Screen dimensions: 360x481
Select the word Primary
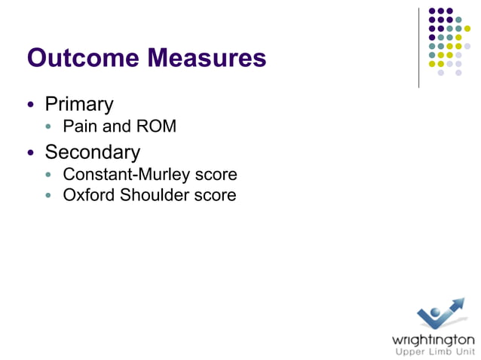79,105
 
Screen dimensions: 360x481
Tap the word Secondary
92,152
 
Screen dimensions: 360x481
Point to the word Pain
78,127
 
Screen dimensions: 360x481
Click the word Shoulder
155,196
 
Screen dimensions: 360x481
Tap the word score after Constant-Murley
214,175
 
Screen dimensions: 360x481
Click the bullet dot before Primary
31,105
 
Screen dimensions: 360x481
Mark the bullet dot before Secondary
31,153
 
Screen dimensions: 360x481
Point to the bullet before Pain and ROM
50,127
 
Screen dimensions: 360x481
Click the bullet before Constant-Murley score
50,175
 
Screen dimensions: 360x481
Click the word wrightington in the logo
434,338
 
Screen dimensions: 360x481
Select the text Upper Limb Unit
435,351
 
